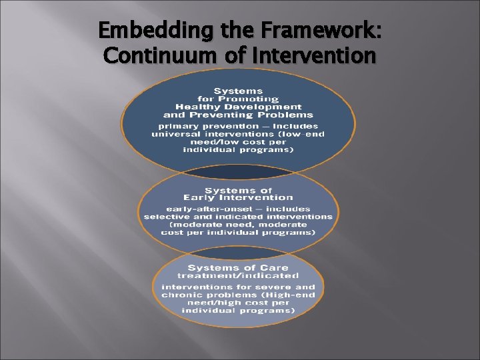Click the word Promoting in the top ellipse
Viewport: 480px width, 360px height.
(x=253, y=99)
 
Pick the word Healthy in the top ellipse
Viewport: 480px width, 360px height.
(x=197, y=107)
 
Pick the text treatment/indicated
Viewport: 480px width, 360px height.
(x=238, y=275)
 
